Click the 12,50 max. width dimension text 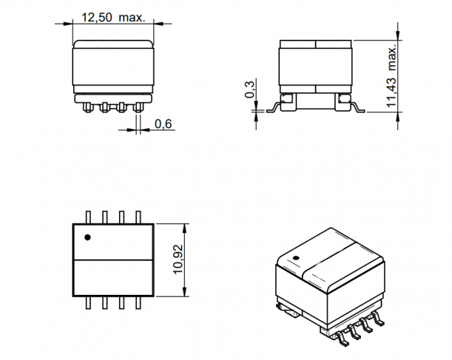[113, 18]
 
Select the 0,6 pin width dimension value [164, 124]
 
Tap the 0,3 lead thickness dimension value [250, 89]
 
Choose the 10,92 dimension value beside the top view [177, 259]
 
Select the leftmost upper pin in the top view [89, 217]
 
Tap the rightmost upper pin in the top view [138, 217]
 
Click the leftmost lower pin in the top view [89, 303]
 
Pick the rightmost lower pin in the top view [138, 303]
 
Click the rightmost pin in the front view [138, 106]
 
